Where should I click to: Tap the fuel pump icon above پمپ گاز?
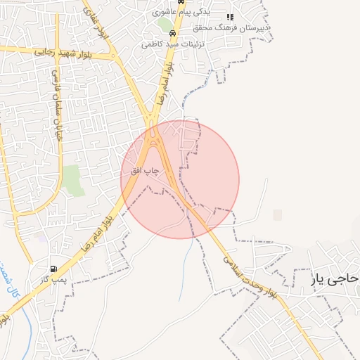(54, 269)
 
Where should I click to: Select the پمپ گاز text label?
(53, 279)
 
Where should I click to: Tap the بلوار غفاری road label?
(97, 21)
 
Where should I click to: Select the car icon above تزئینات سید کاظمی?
(173, 32)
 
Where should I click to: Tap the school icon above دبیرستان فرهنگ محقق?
(229, 17)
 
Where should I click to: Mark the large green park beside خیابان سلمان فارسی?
(72, 180)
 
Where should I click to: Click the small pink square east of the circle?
(278, 214)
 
